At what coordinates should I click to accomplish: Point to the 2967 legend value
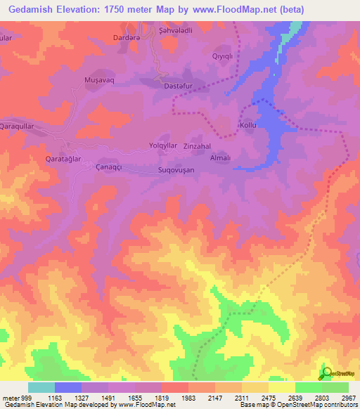pyautogui.click(x=348, y=397)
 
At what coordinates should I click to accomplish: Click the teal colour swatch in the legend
pyautogui.click(x=41, y=387)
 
